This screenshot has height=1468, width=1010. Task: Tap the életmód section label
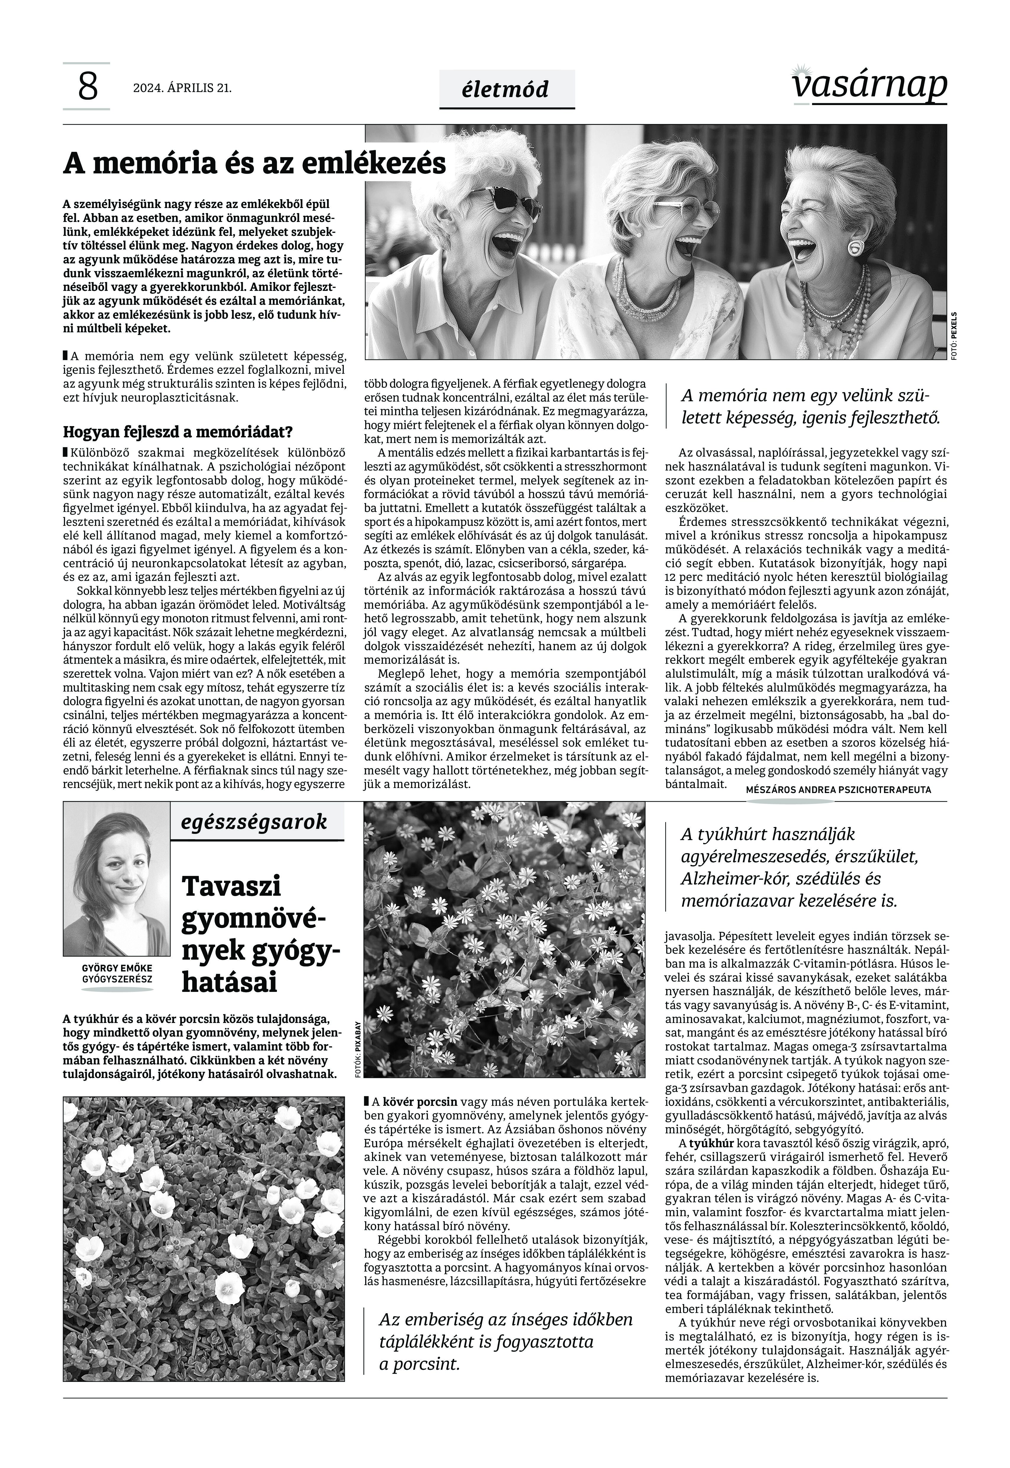(x=506, y=89)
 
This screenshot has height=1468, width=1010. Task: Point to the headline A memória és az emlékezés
(x=254, y=163)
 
